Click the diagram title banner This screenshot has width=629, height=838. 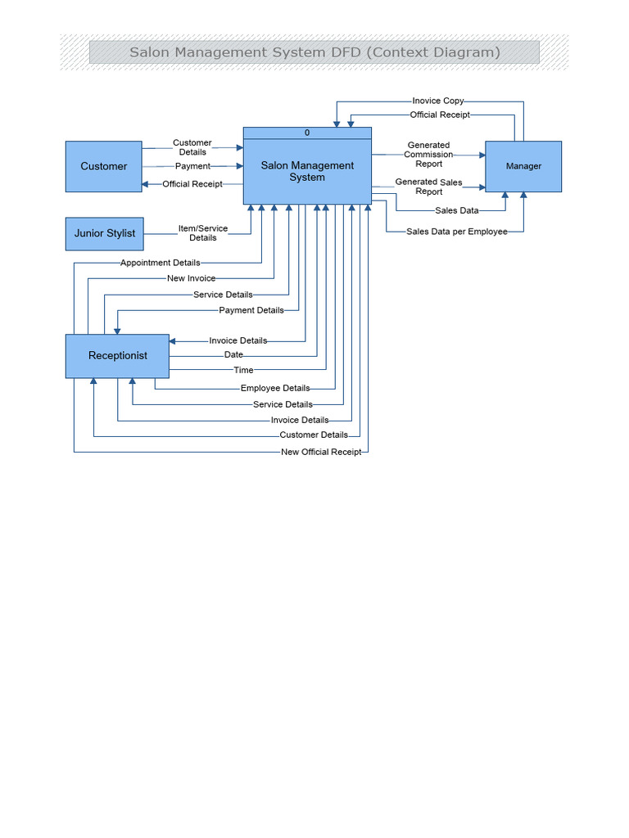pos(314,52)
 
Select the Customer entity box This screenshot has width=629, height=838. pos(103,166)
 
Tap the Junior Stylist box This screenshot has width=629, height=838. pos(104,233)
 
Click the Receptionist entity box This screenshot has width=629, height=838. pos(117,356)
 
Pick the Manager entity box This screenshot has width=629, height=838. pos(523,166)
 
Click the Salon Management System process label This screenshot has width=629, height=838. pos(307,171)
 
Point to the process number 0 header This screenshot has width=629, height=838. pos(307,133)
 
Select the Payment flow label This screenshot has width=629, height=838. pos(192,166)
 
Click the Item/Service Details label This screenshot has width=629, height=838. pos(203,233)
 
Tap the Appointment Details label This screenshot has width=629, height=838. pos(160,263)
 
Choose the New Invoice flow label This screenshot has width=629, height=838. pos(191,278)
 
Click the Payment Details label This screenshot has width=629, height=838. pos(251,310)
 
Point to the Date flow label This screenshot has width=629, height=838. pos(233,355)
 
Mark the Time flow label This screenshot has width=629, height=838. pos(243,371)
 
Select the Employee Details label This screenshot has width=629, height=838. pos(275,388)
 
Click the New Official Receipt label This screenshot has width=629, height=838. pos(320,452)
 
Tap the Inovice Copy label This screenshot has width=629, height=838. pos(438,101)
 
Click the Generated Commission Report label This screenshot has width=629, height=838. pos(428,155)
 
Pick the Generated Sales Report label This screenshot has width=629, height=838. pos(428,187)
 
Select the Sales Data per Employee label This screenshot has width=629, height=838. pos(456,232)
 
